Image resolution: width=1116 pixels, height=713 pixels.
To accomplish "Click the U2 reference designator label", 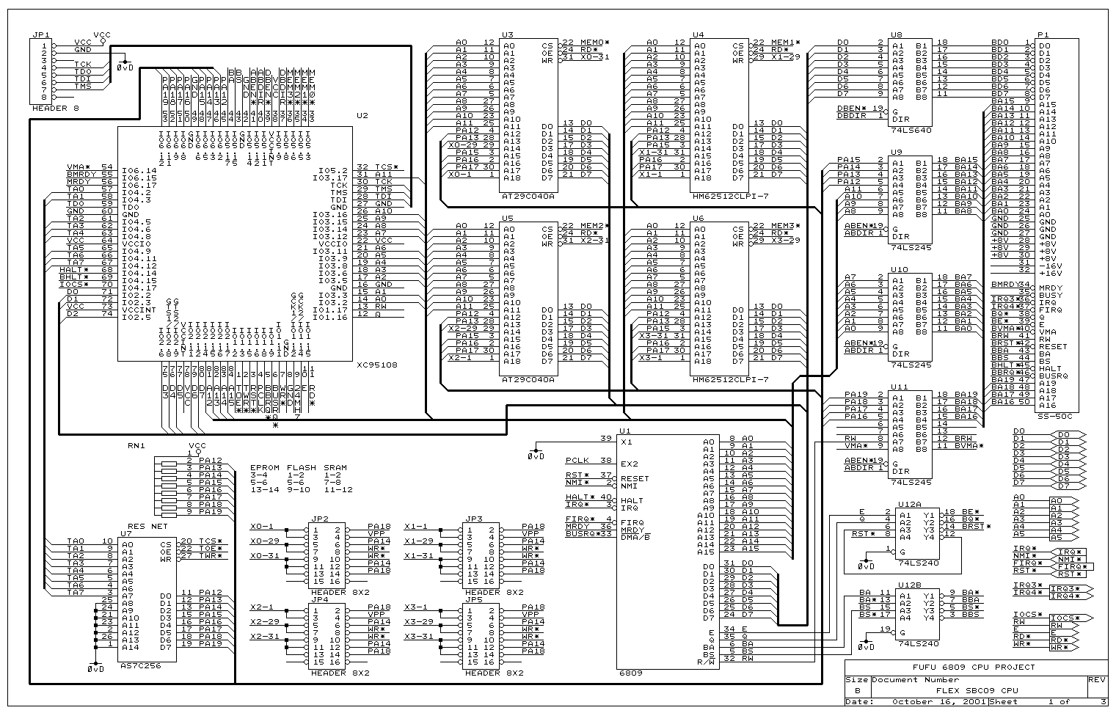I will (362, 116).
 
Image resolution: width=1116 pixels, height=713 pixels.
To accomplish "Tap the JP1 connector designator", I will (40, 34).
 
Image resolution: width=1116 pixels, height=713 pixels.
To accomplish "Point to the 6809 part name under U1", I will (630, 672).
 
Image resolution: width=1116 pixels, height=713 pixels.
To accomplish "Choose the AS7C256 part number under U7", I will (140, 665).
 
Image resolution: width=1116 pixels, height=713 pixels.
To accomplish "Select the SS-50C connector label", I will (1054, 416).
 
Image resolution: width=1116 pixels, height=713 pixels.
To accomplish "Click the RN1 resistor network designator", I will (136, 445).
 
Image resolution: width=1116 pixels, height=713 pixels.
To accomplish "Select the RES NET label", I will (147, 526).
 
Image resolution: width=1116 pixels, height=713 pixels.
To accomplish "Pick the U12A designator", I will (908, 505).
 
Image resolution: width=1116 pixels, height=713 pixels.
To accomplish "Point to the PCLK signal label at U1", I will (578, 461).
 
